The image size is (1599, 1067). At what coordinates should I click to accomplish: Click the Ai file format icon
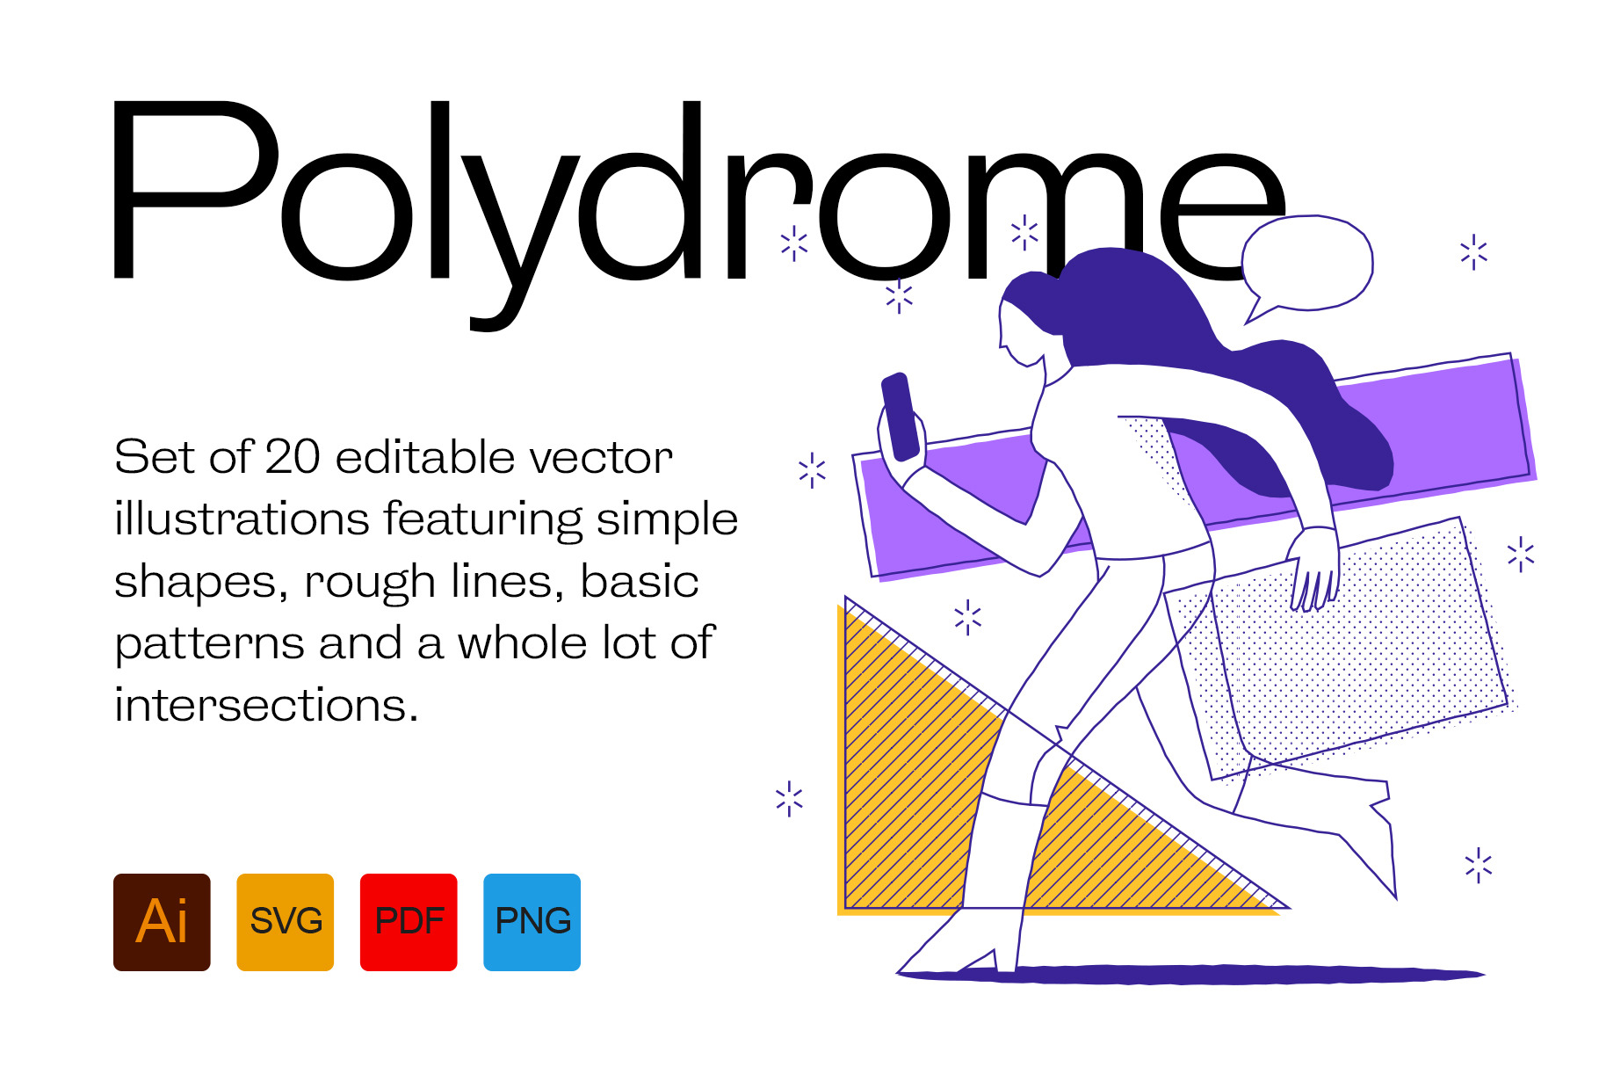tap(162, 922)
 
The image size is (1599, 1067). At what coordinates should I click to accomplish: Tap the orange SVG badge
tap(286, 922)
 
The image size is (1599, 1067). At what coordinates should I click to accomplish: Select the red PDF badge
tap(409, 922)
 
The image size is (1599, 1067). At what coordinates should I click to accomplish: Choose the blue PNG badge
tap(532, 922)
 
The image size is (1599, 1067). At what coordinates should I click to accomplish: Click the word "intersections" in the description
tap(266, 705)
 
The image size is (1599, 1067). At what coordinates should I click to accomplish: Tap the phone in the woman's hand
tap(901, 417)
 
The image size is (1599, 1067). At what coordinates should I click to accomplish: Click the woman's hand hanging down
tap(1314, 568)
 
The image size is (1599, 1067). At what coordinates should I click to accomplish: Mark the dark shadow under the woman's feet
tap(1190, 974)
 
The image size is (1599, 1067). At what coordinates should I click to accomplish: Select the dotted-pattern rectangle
tap(1340, 650)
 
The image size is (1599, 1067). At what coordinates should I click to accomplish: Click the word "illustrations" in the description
tap(242, 519)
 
